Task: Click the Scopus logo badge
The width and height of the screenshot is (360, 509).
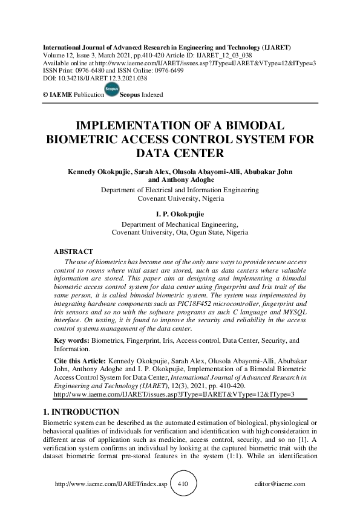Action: (x=111, y=90)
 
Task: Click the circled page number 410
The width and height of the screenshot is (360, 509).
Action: (x=180, y=484)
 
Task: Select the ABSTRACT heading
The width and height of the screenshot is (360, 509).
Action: (x=74, y=250)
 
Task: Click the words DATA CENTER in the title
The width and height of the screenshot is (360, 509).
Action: (x=179, y=152)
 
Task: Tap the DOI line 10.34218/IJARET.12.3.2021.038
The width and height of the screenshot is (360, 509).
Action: (x=94, y=78)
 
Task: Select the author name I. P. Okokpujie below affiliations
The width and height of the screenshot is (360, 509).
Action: (x=180, y=214)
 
